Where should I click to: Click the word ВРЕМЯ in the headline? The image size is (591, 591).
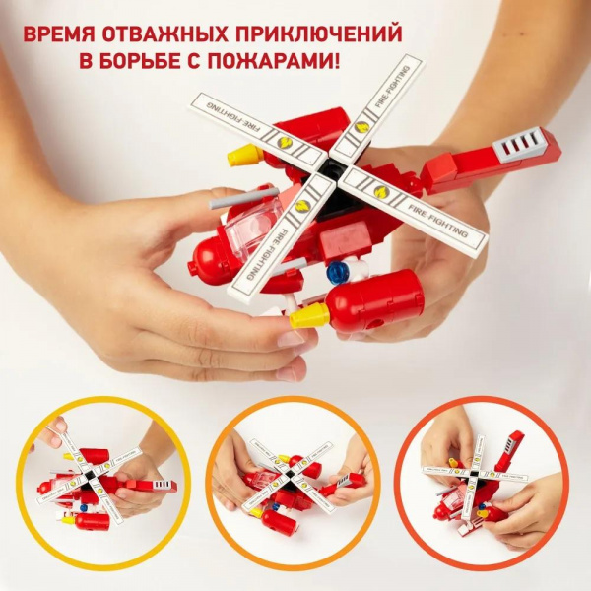[59, 35]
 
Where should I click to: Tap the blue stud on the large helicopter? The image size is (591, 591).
[337, 270]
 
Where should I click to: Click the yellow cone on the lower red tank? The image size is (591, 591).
[309, 316]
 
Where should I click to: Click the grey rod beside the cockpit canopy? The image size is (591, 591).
[243, 199]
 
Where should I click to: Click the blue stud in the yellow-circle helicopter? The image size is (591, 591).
[84, 508]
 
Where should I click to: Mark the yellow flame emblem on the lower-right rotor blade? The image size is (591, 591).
[380, 191]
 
